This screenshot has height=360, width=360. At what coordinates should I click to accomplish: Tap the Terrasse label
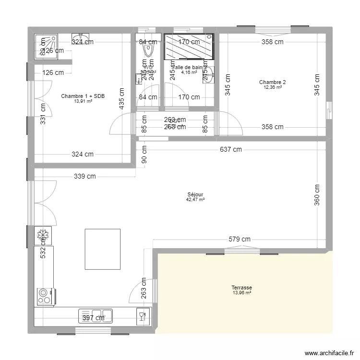coord(242,288)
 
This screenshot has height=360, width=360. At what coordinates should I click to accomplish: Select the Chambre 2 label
coord(272,82)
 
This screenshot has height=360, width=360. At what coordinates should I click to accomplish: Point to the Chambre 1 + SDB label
coord(83,96)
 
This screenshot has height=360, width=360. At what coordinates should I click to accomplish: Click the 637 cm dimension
coord(231,150)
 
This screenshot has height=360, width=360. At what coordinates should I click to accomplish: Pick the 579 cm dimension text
coord(240,239)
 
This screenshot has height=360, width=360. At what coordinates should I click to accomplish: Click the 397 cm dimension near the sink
coord(94,318)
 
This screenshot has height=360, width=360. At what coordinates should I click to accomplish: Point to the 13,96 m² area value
coord(242,293)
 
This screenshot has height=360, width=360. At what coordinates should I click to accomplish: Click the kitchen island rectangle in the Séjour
coord(102,250)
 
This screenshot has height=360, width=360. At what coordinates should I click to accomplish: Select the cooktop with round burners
coord(44,296)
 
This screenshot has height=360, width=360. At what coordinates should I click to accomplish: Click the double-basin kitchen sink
coord(96,315)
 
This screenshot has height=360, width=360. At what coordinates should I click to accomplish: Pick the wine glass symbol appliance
coord(142,315)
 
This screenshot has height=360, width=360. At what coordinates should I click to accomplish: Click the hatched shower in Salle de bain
coord(189,47)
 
